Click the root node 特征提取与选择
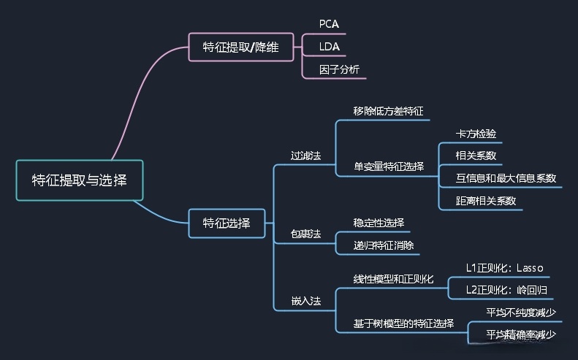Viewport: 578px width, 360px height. coord(80,180)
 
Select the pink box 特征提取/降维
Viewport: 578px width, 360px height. coord(243,47)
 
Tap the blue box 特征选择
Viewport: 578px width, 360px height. coord(227,223)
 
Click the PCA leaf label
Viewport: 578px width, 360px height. coord(330,24)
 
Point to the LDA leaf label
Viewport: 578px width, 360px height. coord(330,47)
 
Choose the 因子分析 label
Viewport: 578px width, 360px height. coord(339,70)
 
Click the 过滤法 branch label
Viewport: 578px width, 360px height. coord(305,156)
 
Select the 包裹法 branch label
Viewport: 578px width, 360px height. coord(305,234)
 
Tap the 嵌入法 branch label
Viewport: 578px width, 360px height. coord(305,300)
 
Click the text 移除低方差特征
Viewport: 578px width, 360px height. coord(388,111)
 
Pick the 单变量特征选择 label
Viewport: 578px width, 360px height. coord(388,166)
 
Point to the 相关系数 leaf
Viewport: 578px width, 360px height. coord(476,156)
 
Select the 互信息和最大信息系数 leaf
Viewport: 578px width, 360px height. coord(506,178)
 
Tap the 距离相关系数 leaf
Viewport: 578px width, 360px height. coord(486,200)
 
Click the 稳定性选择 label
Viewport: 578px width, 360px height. coord(379,223)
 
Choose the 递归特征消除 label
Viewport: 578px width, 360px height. coord(383,245)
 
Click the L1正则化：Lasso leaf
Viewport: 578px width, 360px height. coord(504,267)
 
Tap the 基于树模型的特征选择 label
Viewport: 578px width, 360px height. coord(403,323)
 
